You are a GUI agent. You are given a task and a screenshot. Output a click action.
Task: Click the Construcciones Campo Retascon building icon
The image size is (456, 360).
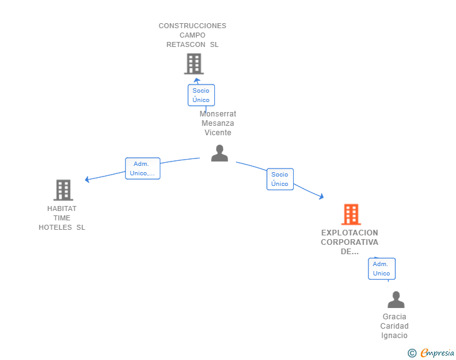[x=194, y=64]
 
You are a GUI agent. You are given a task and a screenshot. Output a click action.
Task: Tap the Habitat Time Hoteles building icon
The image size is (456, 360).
[x=63, y=190]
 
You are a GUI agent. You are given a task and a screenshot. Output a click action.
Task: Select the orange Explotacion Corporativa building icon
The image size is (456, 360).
[x=351, y=215]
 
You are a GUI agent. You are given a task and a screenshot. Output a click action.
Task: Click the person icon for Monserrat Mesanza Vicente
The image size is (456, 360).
[x=219, y=153]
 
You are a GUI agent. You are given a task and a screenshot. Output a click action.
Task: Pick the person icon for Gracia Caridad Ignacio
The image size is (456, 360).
[x=396, y=300]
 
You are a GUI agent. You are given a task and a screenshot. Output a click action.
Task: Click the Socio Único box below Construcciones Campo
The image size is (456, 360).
[x=201, y=95]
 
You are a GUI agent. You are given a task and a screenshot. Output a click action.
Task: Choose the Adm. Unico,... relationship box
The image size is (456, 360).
[x=143, y=168]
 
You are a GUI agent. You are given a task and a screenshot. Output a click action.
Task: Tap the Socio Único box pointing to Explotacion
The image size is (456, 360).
[x=280, y=179]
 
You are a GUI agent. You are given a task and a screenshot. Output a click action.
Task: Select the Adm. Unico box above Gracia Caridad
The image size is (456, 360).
[x=381, y=269]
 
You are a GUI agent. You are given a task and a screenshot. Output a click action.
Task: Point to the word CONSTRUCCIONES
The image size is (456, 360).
[x=192, y=26]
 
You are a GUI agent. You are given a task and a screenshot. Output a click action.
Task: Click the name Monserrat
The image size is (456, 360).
[x=218, y=114]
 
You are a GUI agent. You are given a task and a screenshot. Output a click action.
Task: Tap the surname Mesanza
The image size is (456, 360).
[x=218, y=123]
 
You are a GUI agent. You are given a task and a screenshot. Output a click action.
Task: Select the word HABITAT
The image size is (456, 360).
[x=62, y=208]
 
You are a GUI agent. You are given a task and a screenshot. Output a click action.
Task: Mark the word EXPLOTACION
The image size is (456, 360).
[x=350, y=232]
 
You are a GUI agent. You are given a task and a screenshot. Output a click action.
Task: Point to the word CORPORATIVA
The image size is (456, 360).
[x=350, y=242]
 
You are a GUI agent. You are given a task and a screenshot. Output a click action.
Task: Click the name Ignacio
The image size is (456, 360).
[x=395, y=336]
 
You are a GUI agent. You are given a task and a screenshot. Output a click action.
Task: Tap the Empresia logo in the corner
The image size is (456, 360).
[x=437, y=353]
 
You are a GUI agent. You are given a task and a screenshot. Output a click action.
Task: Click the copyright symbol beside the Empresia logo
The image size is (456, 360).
[x=412, y=353]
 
